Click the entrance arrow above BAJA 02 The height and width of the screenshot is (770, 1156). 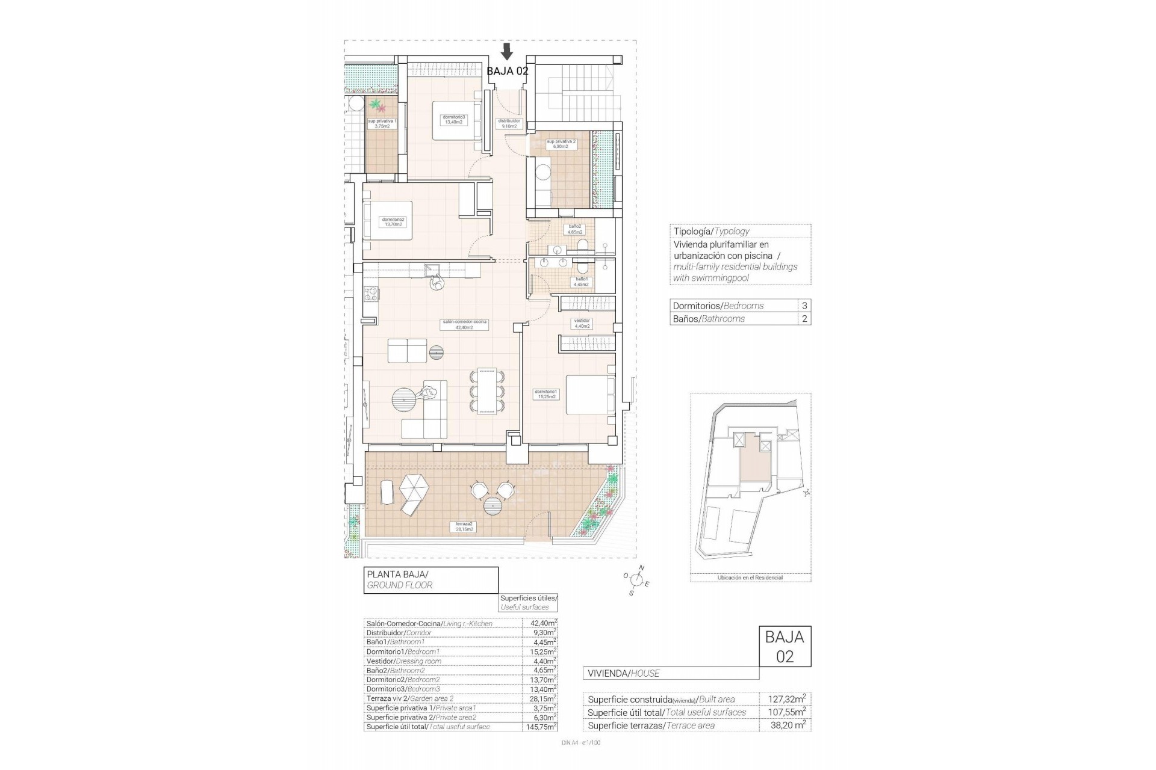pos(507,52)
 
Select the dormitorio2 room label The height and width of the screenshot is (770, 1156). pos(393,222)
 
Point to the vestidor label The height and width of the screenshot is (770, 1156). pos(582,323)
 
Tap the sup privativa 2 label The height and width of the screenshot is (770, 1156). pos(561,144)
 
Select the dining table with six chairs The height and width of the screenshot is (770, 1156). pos(488,391)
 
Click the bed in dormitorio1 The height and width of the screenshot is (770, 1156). pos(590,395)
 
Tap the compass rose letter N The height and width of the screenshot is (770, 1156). pos(641,568)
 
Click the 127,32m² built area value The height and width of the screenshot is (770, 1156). pos(787,699)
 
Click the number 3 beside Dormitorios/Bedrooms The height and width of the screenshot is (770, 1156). pos(804,306)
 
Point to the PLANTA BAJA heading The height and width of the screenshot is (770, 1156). pos(398,574)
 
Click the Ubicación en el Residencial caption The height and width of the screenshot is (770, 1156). pos(750,577)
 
